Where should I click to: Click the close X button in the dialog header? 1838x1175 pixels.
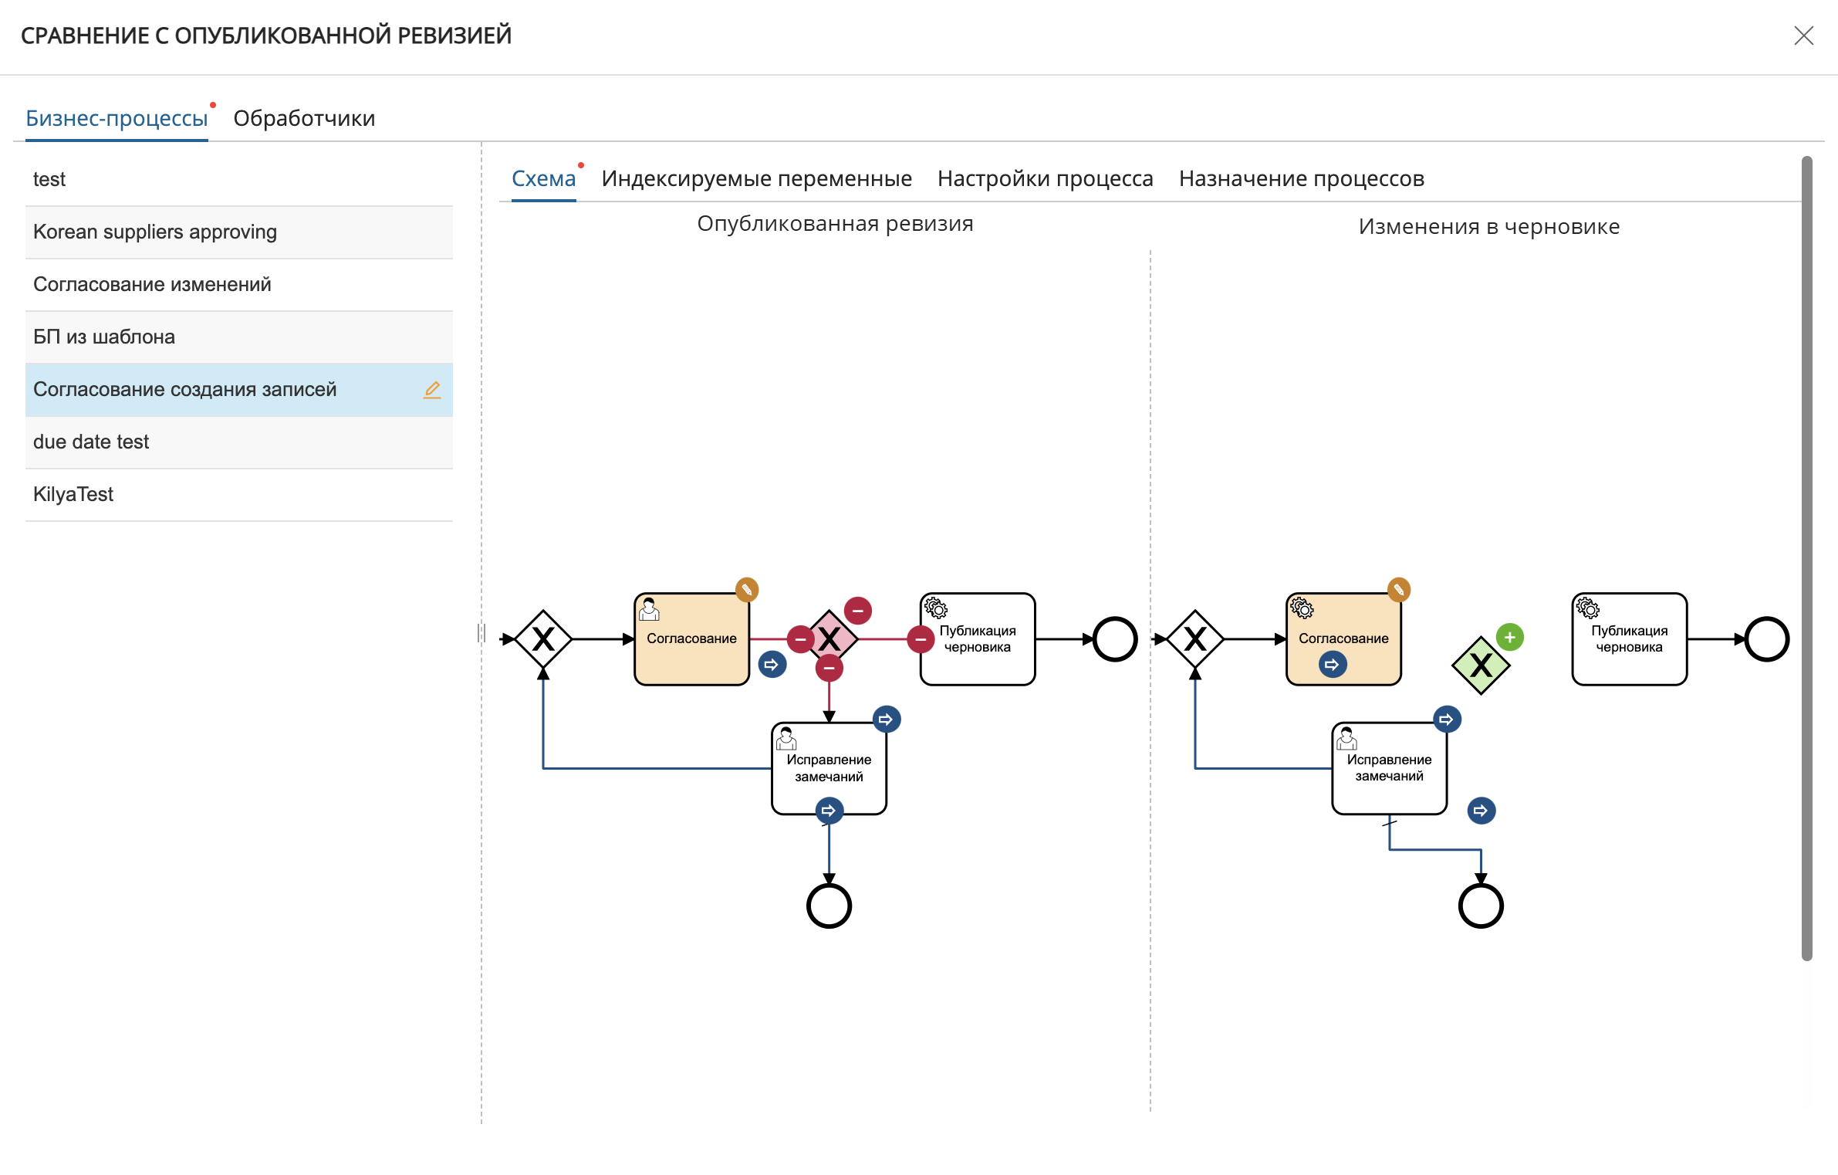[1803, 36]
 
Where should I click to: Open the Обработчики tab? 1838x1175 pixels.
[304, 118]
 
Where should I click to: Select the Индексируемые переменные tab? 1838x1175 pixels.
[756, 178]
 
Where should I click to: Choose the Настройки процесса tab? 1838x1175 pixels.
[1045, 178]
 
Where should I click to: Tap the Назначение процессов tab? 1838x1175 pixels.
[1301, 178]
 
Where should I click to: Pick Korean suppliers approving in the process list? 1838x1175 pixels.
[155, 232]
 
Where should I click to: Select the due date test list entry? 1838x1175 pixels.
[91, 442]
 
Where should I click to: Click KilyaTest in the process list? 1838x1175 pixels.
[73, 494]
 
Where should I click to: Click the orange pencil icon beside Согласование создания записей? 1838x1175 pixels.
[432, 390]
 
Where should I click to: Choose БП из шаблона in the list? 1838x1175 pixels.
[104, 337]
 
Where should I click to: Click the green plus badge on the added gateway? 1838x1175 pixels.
[1509, 638]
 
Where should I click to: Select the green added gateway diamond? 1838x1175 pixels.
[1480, 665]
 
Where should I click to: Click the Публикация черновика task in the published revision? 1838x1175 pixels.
[978, 639]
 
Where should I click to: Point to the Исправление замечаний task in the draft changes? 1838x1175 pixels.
[1389, 768]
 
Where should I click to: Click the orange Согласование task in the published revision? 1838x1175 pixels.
[691, 639]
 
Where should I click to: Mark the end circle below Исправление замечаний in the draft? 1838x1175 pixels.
[1481, 885]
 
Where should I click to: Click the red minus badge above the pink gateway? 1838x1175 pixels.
[857, 611]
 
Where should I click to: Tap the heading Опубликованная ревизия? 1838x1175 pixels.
[835, 224]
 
